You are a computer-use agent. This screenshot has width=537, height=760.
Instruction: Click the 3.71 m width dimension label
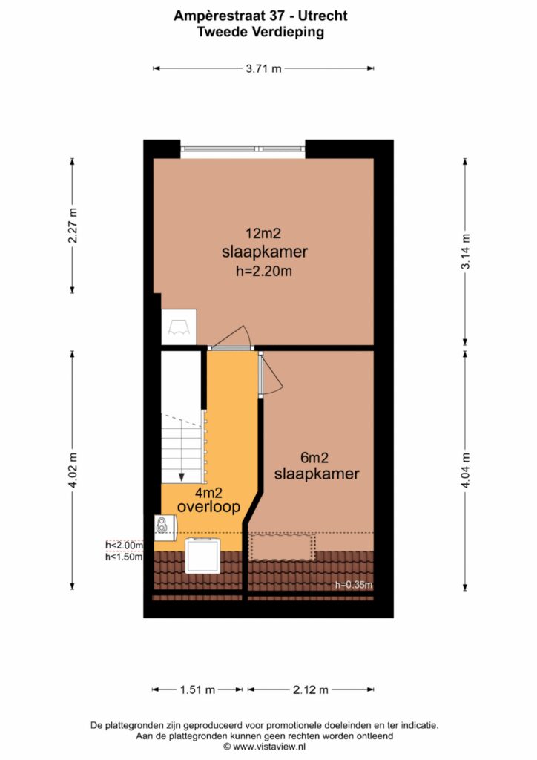click(263, 68)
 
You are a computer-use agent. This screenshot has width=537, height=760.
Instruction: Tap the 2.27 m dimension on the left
click(73, 226)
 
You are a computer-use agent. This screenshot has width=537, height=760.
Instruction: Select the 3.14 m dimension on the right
click(465, 252)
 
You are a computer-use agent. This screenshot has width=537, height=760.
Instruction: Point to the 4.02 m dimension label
click(73, 470)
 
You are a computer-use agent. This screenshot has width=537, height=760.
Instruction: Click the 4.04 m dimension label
click(465, 470)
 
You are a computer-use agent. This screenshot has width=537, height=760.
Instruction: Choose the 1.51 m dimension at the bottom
click(197, 689)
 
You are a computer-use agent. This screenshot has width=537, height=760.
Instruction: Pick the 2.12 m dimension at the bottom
click(311, 689)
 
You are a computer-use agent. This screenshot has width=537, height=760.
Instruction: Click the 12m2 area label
click(263, 234)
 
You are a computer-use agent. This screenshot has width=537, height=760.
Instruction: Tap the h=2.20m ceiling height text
click(264, 271)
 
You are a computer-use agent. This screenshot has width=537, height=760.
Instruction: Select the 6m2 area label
click(314, 457)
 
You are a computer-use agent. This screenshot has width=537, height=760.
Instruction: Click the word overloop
click(208, 507)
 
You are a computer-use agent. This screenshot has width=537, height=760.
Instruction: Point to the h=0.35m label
click(354, 585)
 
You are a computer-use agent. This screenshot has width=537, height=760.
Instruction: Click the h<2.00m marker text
click(125, 546)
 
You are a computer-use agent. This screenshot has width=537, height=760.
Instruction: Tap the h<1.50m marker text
click(125, 557)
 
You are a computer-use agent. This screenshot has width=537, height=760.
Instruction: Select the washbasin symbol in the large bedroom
click(179, 327)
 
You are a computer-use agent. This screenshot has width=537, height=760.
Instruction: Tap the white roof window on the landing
click(203, 555)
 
